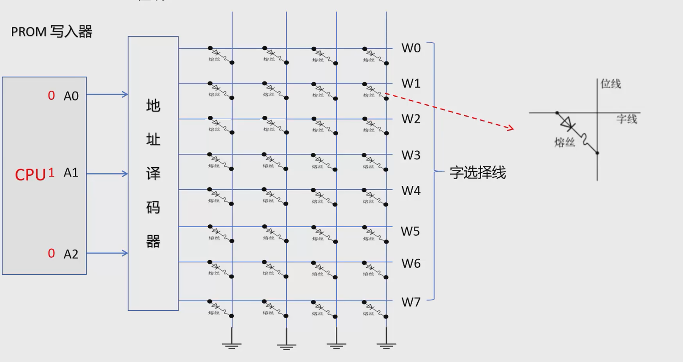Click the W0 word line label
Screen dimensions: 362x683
[x=411, y=48]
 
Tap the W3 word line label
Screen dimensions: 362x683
[x=411, y=155]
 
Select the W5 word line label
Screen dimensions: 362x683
[x=410, y=231]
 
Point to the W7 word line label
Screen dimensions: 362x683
[x=411, y=302]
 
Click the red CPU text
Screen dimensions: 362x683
[x=30, y=175]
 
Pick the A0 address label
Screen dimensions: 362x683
[x=71, y=96]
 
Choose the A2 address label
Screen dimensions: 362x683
[x=71, y=254]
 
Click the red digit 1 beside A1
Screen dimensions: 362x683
[x=51, y=172]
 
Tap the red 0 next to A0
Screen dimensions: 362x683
[x=51, y=95]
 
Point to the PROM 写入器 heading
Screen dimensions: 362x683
[x=52, y=32]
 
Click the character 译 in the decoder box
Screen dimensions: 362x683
[x=153, y=174]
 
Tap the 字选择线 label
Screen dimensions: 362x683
[x=477, y=173]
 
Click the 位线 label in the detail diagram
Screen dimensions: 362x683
[x=611, y=84]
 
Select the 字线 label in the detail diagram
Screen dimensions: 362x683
[x=626, y=119]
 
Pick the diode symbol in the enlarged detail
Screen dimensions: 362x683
[x=566, y=123]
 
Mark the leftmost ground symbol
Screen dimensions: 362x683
[x=231, y=344]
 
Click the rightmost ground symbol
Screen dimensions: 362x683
[x=386, y=344]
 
